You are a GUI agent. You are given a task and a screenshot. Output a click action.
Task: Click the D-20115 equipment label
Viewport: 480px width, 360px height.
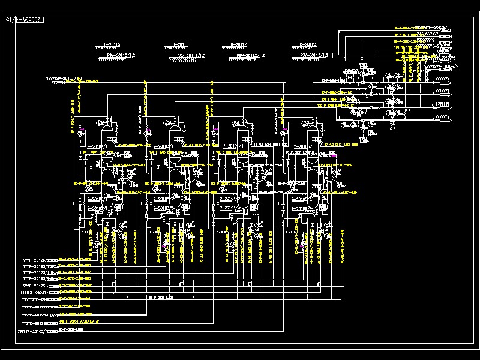tap(112, 44)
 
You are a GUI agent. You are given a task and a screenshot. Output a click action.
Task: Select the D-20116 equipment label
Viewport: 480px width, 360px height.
tap(180, 44)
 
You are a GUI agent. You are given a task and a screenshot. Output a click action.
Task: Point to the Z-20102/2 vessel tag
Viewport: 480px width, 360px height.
tap(96, 197)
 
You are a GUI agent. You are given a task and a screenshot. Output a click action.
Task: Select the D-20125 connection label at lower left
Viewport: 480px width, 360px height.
tap(36, 286)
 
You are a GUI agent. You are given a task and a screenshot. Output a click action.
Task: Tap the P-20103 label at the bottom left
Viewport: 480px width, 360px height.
tap(34, 331)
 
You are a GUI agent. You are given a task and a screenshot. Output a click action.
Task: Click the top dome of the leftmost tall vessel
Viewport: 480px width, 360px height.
tap(109, 123)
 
